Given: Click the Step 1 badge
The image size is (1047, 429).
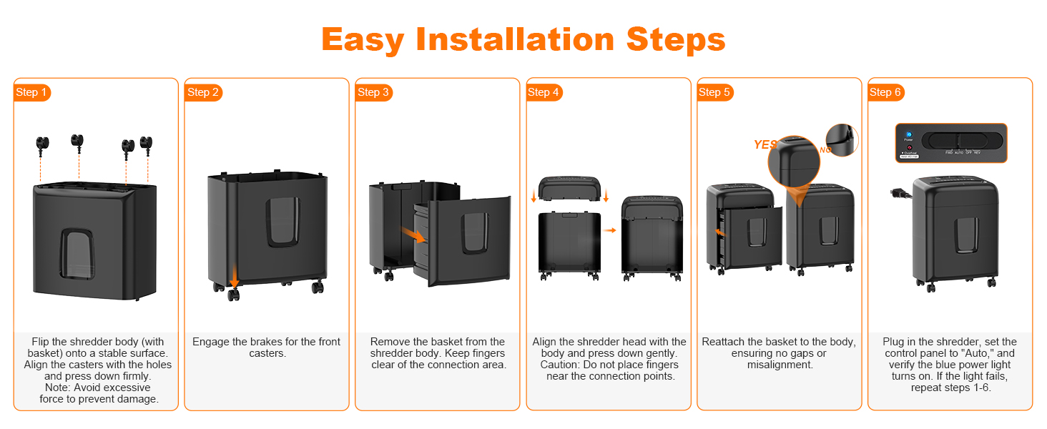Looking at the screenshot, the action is click(x=32, y=92).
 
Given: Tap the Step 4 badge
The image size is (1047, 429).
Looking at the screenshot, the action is click(x=544, y=92).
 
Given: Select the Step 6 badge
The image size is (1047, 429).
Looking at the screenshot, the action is click(x=886, y=92).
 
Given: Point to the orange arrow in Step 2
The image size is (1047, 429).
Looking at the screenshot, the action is click(x=234, y=275).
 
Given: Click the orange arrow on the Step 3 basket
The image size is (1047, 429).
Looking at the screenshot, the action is click(x=411, y=234).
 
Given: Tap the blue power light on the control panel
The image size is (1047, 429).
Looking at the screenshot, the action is click(x=909, y=134).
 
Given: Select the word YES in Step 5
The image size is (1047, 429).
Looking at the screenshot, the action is click(x=765, y=144).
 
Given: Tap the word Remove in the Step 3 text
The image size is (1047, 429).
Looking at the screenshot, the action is click(x=390, y=342).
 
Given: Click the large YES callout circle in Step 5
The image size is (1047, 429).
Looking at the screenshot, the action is click(x=794, y=161).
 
